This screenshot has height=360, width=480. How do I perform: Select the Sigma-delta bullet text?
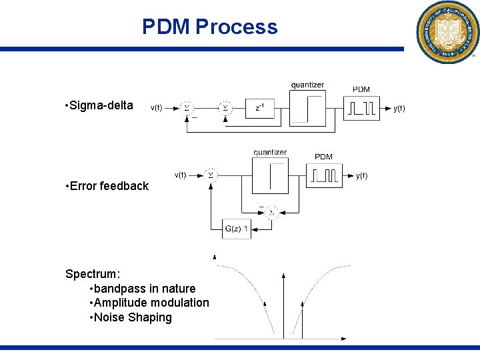[101, 105]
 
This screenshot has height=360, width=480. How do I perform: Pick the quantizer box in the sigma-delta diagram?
[307, 107]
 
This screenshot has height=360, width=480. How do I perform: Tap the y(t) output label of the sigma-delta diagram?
[399, 108]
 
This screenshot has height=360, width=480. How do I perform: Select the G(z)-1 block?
[237, 230]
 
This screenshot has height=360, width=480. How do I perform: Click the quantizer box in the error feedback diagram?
[270, 175]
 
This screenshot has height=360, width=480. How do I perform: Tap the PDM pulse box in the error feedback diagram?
[324, 175]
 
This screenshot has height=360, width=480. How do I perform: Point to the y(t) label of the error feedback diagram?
[361, 175]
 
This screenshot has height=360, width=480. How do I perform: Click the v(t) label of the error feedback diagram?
[181, 175]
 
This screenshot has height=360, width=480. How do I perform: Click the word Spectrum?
[92, 274]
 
